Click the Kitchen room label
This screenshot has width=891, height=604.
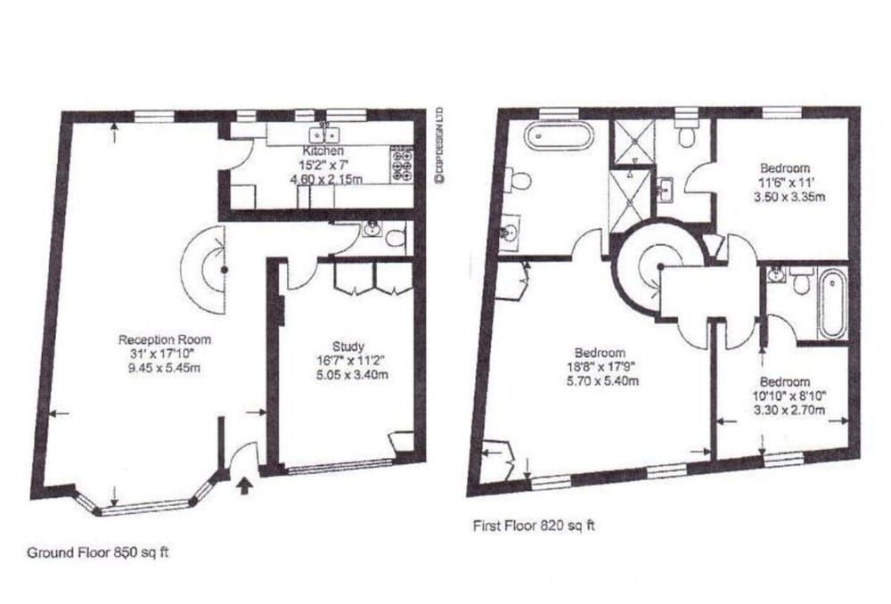323,151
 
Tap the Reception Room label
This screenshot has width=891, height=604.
165,339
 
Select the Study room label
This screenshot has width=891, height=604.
348,347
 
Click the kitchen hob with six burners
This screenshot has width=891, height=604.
403,165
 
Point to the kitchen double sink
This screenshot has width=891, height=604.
324,135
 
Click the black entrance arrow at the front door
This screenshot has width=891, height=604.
244,486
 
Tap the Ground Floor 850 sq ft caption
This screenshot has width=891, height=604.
98,552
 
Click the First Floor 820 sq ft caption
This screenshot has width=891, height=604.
534,526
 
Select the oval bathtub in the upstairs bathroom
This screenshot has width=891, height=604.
560,135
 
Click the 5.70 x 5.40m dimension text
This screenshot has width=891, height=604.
602,381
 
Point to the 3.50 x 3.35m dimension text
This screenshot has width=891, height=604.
789,197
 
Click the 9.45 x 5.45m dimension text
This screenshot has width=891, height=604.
165,368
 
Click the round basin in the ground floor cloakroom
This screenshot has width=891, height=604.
372,230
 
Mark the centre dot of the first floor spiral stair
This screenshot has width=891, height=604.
660,266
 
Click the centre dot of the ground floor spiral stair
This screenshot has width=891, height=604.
225,270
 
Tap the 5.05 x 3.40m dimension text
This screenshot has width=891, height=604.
352,375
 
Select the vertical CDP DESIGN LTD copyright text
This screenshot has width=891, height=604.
438,145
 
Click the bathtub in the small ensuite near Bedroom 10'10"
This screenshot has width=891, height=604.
832,305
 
